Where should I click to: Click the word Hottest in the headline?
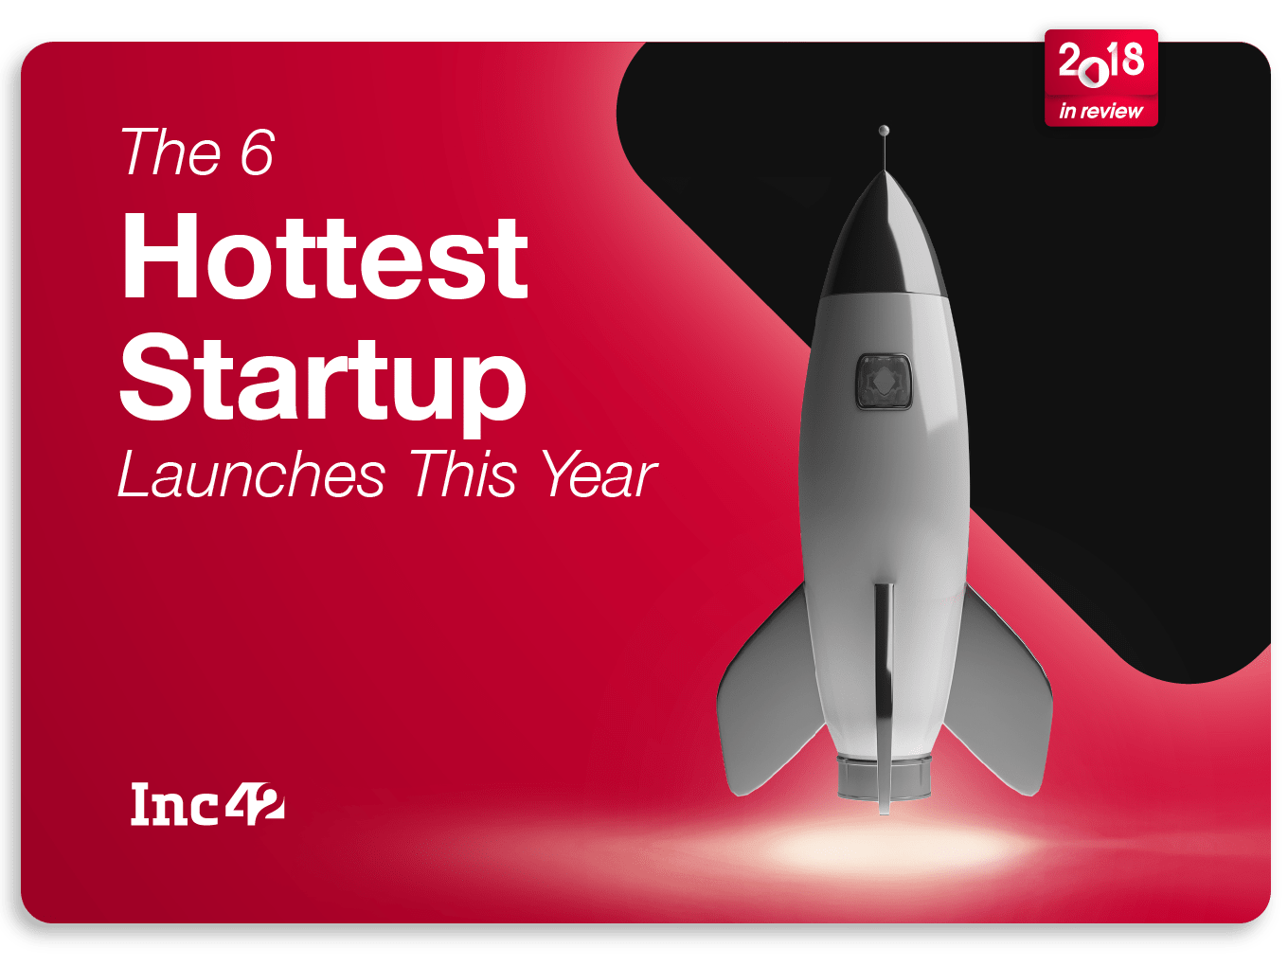pyautogui.click(x=325, y=257)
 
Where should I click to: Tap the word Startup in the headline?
pyautogui.click(x=322, y=382)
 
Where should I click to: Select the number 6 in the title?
pyautogui.click(x=258, y=152)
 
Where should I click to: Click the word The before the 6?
pyautogui.click(x=170, y=152)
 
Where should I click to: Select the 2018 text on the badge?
pyautogui.click(x=1100, y=62)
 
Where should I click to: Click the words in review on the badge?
pyautogui.click(x=1100, y=111)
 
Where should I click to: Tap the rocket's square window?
pyautogui.click(x=884, y=382)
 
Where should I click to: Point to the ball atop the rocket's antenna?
pyautogui.click(x=884, y=130)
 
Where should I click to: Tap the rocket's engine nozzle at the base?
pyautogui.click(x=884, y=778)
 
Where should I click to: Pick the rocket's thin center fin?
pyautogui.click(x=884, y=698)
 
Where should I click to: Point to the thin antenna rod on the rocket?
pyautogui.click(x=885, y=153)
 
